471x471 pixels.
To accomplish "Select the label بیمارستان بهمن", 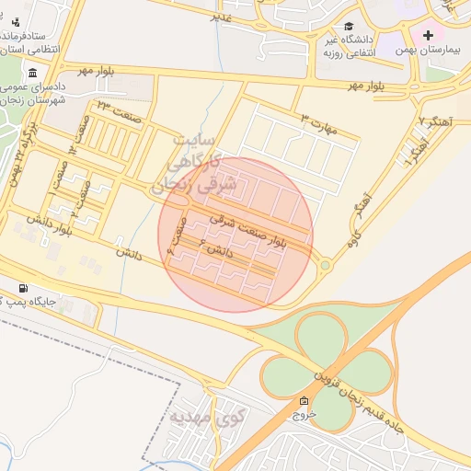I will [x=426, y=51].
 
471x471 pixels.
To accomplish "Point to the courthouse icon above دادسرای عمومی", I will [x=33, y=74].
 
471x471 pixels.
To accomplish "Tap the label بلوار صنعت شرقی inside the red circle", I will [x=248, y=230].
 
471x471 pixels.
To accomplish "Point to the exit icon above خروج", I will [x=304, y=401].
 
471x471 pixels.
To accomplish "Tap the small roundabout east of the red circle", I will [x=325, y=265].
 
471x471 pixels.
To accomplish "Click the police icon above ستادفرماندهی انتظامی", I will [x=16, y=20].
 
